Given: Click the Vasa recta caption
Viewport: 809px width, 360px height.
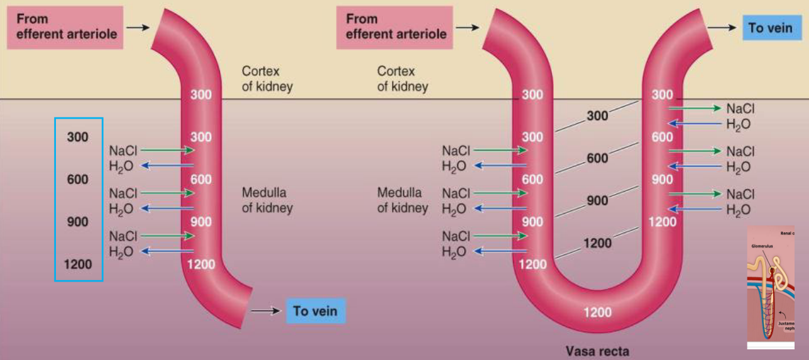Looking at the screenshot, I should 597,351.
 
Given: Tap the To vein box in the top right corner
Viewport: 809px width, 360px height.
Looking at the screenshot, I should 770,28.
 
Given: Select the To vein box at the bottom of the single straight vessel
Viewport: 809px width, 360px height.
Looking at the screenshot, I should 316,311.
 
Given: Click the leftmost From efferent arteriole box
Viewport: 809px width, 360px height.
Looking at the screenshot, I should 66,27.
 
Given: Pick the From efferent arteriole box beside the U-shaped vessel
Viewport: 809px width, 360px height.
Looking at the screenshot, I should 395,27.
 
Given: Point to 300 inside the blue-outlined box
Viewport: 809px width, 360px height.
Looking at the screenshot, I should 78,137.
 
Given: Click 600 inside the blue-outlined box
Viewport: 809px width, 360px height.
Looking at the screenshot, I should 78,180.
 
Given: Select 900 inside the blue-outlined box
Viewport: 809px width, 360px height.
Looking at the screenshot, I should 78,222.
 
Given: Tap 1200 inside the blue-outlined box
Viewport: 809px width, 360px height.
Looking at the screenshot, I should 78,265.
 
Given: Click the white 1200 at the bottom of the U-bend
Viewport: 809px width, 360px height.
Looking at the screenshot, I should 597,312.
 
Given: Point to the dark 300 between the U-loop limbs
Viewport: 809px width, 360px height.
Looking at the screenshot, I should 597,116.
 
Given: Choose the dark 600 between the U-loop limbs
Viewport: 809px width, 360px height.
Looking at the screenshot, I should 597,158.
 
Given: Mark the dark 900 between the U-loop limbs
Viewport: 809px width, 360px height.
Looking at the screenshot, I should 597,201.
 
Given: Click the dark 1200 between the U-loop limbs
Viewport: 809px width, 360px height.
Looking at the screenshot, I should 597,243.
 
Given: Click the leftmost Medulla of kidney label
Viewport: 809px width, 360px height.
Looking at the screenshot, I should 267,200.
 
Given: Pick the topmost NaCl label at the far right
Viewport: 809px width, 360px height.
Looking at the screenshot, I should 740,109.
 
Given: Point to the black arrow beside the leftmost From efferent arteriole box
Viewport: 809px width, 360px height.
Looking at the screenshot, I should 137,28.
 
